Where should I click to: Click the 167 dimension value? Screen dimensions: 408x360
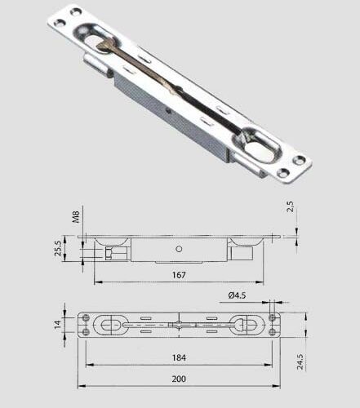pyautogui.click(x=179, y=275)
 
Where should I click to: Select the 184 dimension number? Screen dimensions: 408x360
pyautogui.click(x=179, y=357)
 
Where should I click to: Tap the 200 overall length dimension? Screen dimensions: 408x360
pyautogui.click(x=179, y=379)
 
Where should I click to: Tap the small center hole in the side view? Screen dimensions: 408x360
pyautogui.click(x=178, y=249)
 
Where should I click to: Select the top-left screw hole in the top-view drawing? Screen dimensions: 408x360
pyautogui.click(x=87, y=317)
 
